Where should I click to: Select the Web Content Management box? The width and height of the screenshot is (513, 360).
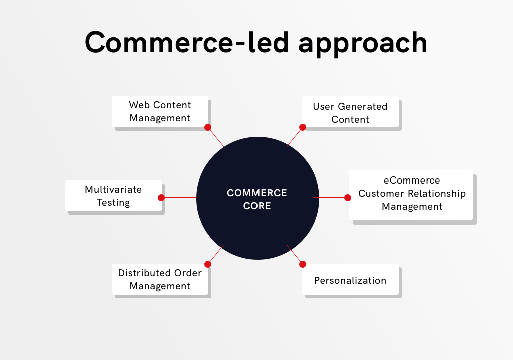pos(160,111)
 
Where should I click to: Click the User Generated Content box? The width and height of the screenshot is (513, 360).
pos(350,112)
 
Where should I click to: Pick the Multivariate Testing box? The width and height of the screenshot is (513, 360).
pos(113,196)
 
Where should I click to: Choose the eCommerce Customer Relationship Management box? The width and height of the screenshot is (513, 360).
pos(411,194)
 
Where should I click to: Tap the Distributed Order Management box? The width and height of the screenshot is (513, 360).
pos(160,279)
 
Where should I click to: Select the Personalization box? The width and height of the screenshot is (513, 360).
pos(350,280)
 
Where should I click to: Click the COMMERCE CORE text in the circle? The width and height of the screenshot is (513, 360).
pos(257,199)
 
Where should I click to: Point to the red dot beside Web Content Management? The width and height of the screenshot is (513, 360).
pos(208,127)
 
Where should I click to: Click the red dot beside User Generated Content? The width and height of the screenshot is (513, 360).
pos(303,127)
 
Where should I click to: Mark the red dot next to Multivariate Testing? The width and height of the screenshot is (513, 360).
pos(161,198)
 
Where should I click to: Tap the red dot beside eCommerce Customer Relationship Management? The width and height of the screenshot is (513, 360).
pos(348,198)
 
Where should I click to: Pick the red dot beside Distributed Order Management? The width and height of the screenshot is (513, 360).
pos(208,264)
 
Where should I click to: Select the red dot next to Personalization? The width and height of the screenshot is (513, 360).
pos(303,264)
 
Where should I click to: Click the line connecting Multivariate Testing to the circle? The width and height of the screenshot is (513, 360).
pos(180,198)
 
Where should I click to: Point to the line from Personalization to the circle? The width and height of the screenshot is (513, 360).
pos(295,254)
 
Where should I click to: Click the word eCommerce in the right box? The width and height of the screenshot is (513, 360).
pos(412,181)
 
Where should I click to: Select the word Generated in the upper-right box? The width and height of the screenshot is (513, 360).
pos(362,107)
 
